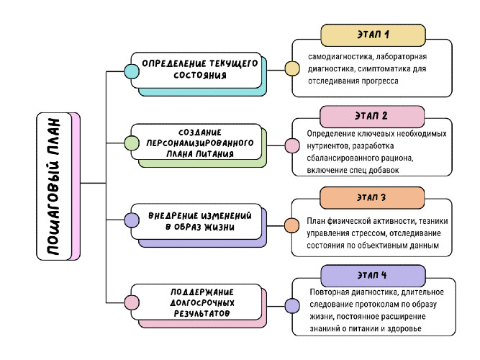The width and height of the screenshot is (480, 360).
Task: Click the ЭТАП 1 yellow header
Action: tap(372, 35)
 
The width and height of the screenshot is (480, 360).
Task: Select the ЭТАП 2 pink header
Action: tap(372, 115)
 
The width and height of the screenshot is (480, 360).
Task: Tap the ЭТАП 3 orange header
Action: tap(372, 197)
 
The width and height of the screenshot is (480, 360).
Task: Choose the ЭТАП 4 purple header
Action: tap(372, 275)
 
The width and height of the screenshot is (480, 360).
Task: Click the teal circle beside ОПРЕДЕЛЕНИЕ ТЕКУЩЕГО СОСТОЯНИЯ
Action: tap(132, 71)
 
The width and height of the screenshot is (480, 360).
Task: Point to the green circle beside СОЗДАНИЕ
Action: tap(132, 143)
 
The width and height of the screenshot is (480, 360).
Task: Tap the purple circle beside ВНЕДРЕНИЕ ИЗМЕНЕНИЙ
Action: tap(132, 220)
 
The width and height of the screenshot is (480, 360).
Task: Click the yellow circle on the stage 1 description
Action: tap(292, 69)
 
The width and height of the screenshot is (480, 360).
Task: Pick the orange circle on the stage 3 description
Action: tap(292, 225)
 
